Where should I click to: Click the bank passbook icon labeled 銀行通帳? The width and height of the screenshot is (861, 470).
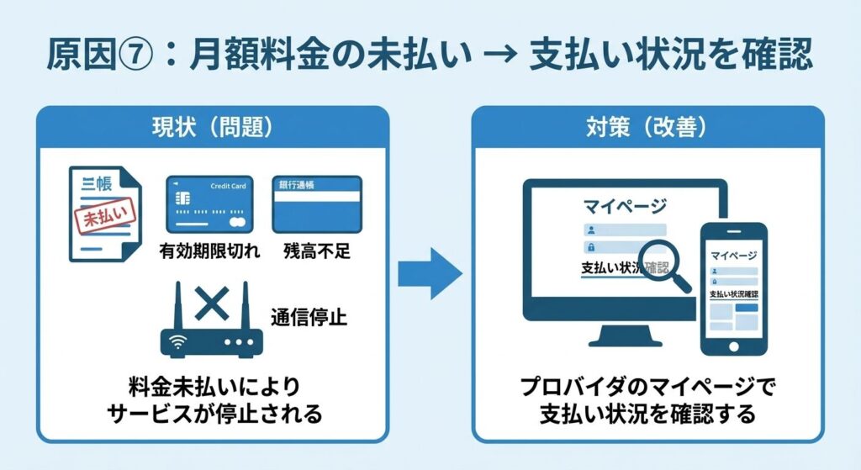(316, 203)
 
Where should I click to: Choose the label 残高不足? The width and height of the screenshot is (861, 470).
(317, 251)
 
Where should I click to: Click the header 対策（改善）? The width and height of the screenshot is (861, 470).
(647, 129)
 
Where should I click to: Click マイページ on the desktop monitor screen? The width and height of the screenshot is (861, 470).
(624, 205)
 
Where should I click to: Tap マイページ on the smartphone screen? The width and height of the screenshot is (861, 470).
(733, 255)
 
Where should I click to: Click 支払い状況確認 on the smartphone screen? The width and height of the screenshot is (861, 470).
(734, 295)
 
